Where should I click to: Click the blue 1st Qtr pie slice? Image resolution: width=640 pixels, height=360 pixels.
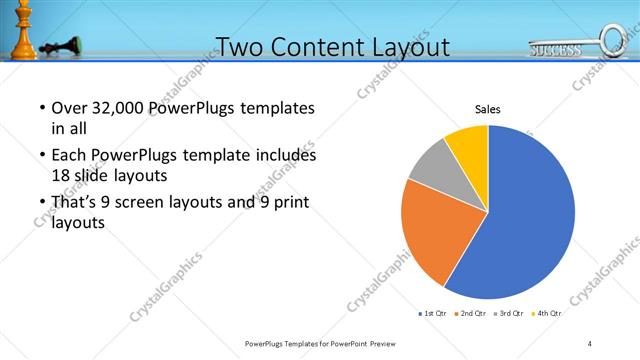click(525, 215)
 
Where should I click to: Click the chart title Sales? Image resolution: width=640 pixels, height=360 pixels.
click(487, 109)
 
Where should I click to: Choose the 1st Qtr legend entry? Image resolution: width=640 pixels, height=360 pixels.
click(433, 314)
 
